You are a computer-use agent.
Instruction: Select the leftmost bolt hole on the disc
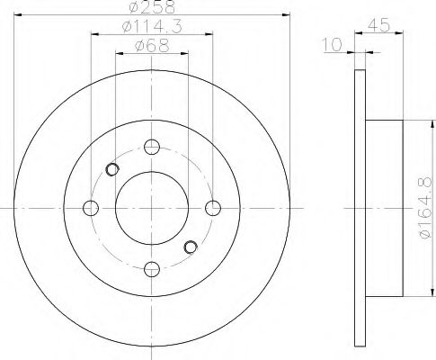90,209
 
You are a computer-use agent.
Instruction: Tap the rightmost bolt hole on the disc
212,209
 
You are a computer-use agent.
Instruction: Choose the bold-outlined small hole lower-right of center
190,247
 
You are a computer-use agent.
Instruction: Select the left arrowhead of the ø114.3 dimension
93,36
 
